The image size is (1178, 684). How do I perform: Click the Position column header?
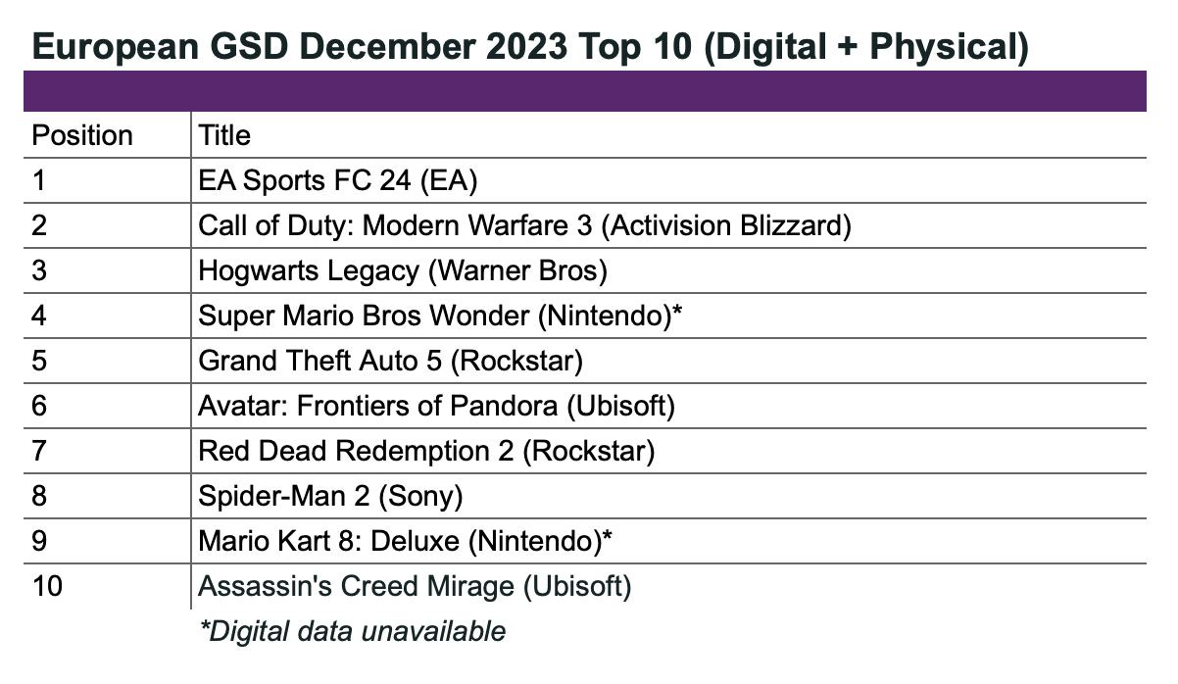(82, 135)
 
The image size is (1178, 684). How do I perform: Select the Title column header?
(224, 135)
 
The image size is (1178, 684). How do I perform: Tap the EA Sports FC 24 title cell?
(337, 180)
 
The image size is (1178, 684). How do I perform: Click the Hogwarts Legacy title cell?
(402, 270)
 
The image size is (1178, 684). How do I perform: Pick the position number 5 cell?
(39, 361)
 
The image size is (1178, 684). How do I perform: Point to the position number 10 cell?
(48, 586)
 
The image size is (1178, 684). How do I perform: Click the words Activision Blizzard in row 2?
(725, 225)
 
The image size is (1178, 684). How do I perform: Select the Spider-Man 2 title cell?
(329, 496)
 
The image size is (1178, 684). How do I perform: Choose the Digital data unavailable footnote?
(353, 631)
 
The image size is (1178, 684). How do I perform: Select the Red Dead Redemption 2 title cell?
(426, 451)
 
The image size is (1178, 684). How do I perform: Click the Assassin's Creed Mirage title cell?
(415, 586)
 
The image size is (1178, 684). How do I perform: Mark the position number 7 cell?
(39, 451)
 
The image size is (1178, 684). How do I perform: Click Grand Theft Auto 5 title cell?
(390, 361)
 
